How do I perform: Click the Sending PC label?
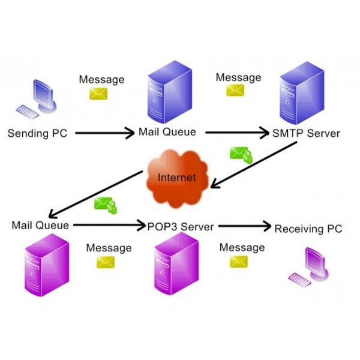coord(37,133)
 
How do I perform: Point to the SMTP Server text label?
coord(305,133)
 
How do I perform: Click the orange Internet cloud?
coord(177,176)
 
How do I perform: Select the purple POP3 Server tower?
coord(175,264)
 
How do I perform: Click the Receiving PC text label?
coord(308,229)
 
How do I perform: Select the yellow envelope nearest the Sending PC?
coord(98,94)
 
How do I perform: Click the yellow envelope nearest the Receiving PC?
coord(239,262)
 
